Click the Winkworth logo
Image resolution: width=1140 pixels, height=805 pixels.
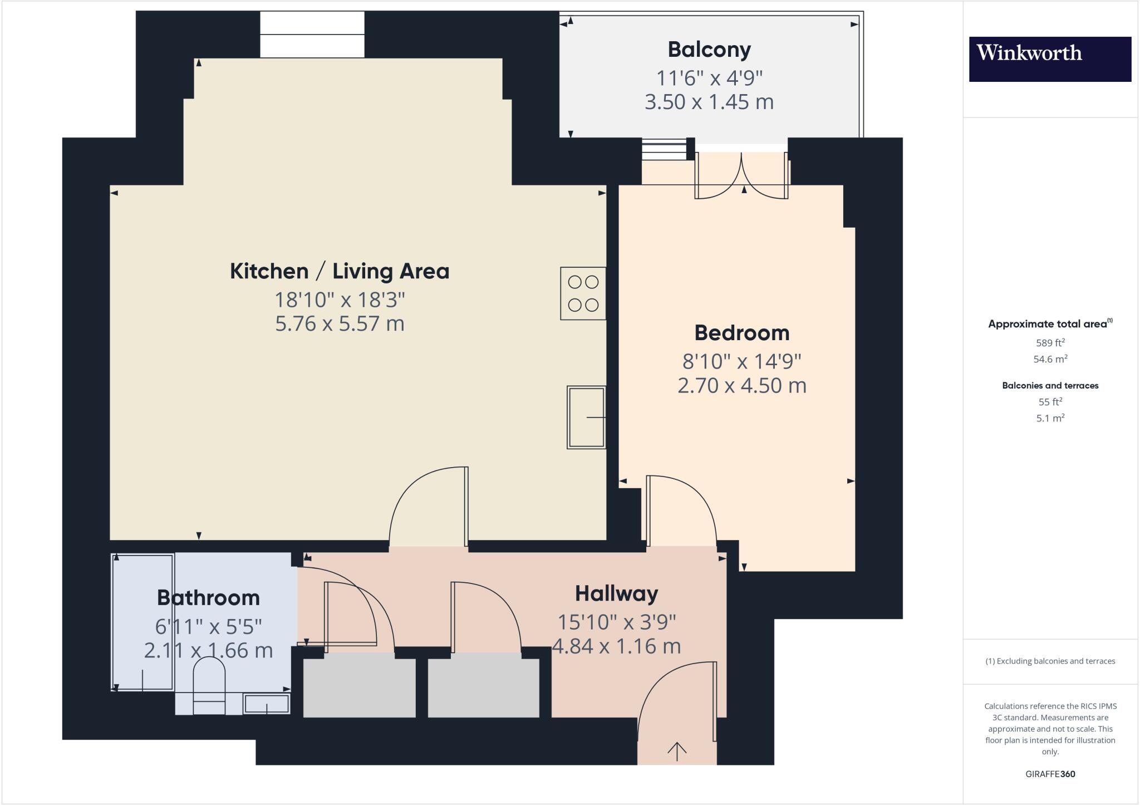point(1049,59)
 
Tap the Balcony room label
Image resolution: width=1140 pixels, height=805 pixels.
point(709,50)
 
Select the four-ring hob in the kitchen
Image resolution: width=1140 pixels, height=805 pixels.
point(583,293)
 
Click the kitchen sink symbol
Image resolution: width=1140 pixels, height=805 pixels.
point(586,417)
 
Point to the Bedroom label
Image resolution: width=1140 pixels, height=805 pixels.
point(741,333)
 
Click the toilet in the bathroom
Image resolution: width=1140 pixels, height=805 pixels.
point(209,685)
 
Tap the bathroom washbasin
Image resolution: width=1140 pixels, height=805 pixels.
point(267,704)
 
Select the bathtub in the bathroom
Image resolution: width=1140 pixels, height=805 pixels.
point(142,622)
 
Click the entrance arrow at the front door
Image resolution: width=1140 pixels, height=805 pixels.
point(676,752)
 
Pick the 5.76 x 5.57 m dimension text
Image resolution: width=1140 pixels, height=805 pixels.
point(340,323)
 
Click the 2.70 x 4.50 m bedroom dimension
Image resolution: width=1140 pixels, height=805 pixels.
point(741,385)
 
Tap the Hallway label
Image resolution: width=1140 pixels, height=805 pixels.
point(616,593)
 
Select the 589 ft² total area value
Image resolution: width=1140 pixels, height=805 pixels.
point(1050,343)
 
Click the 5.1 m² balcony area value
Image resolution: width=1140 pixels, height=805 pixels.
point(1050,418)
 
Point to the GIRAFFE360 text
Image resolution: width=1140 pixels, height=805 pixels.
point(1050,774)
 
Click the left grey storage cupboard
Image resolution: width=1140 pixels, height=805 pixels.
point(359,688)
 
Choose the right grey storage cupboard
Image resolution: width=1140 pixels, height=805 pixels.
point(483,688)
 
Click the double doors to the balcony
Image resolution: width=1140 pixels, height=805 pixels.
point(741,177)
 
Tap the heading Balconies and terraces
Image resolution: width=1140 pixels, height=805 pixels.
point(1050,385)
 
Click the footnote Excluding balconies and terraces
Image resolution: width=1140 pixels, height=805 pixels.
point(1050,661)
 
